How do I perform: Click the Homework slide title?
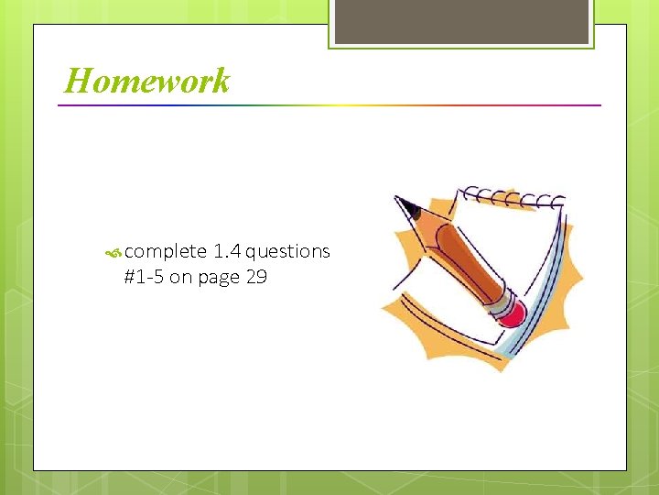(147, 82)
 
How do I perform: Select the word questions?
(287, 252)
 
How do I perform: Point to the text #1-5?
(143, 277)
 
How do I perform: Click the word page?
(217, 278)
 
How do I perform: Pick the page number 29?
(256, 277)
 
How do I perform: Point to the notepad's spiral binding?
(513, 196)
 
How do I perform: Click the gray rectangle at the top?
(460, 20)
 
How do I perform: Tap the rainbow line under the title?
(329, 105)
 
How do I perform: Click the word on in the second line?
(179, 277)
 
